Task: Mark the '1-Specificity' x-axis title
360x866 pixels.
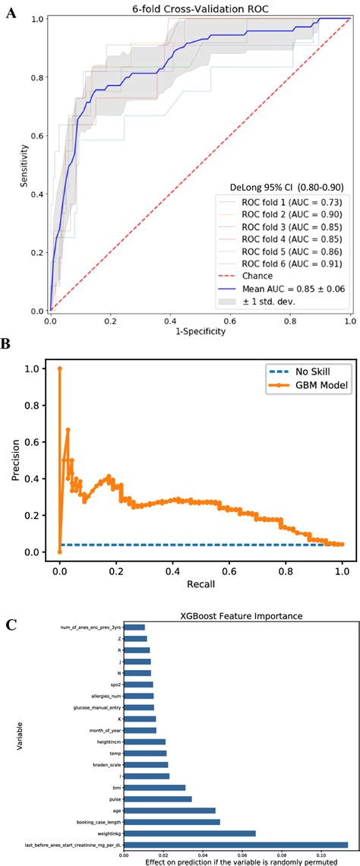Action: (199, 331)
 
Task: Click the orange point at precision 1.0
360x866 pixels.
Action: (59, 368)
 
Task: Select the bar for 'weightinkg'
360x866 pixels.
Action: (190, 833)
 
